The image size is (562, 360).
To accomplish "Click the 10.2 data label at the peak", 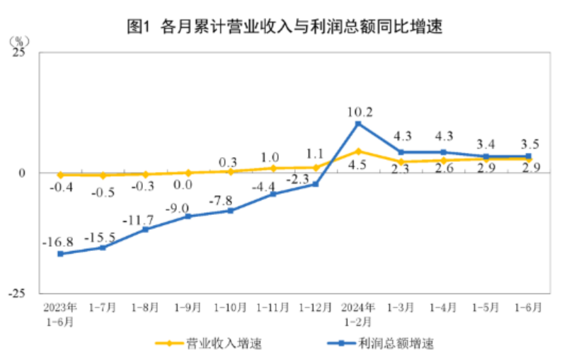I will click(x=358, y=110).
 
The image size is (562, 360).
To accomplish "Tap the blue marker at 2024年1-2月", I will click(x=358, y=124).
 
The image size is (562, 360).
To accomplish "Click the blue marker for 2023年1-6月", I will click(x=60, y=253).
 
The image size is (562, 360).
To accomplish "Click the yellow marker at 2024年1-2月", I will click(x=358, y=151).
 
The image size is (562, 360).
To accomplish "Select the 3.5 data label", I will click(x=529, y=144).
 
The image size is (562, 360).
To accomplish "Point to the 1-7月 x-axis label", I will click(x=103, y=308).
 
